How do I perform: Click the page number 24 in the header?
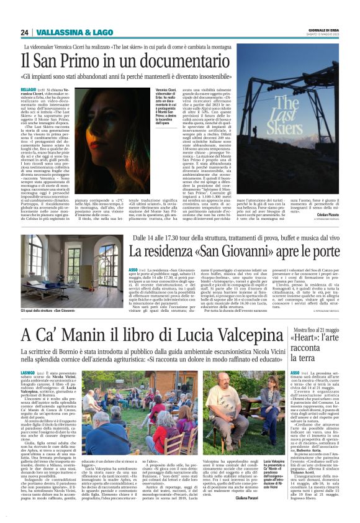24,32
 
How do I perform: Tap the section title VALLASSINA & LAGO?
65,32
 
